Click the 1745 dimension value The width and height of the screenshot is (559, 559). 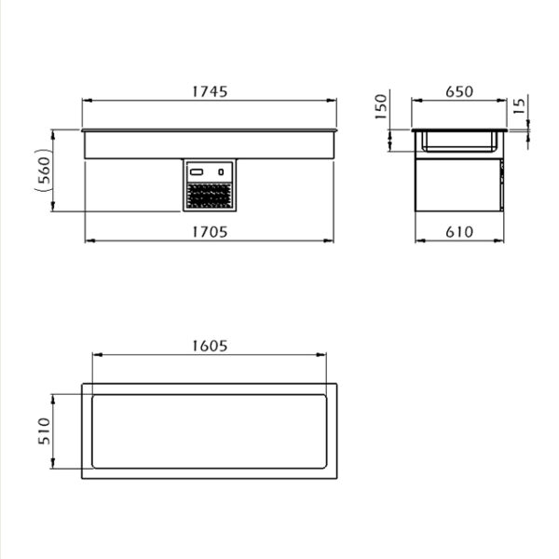[x=210, y=91]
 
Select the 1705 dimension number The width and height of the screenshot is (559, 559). [x=210, y=232]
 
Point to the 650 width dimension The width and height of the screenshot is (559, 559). [x=459, y=91]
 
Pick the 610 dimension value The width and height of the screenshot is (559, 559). [x=459, y=232]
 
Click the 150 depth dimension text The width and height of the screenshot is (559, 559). [x=381, y=107]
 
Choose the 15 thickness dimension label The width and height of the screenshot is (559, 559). [x=520, y=106]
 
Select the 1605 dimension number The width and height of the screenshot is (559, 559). [x=210, y=346]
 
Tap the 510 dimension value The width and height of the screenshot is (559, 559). [x=44, y=431]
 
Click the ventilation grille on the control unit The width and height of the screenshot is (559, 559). [x=210, y=196]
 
